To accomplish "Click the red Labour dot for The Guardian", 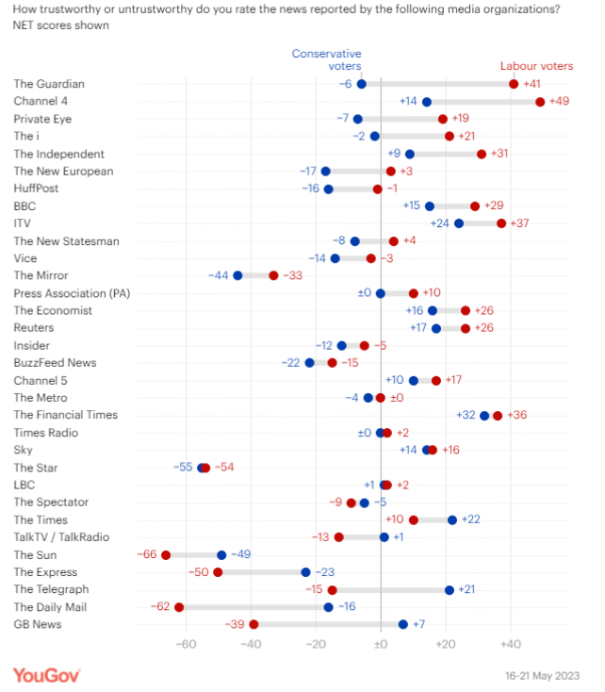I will (x=514, y=84).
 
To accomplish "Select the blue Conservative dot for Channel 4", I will (x=427, y=102).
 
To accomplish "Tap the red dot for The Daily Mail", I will (x=179, y=607).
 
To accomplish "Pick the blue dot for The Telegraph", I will (x=450, y=589).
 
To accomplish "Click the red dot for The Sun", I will (x=166, y=555).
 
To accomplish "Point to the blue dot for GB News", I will (x=403, y=624).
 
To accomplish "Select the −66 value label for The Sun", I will (x=146, y=555).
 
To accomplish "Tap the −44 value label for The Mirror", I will (x=219, y=275).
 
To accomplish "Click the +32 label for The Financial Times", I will (x=466, y=415).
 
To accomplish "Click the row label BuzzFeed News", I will (x=55, y=363).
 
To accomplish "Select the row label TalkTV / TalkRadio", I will (x=61, y=537).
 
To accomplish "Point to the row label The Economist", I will (x=51, y=310).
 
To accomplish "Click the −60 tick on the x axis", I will (x=186, y=645).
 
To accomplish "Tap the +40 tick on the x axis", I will (x=510, y=645).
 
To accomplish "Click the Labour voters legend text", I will (x=535, y=66).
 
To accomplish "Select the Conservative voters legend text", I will (x=326, y=60).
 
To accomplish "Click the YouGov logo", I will (x=46, y=674).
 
